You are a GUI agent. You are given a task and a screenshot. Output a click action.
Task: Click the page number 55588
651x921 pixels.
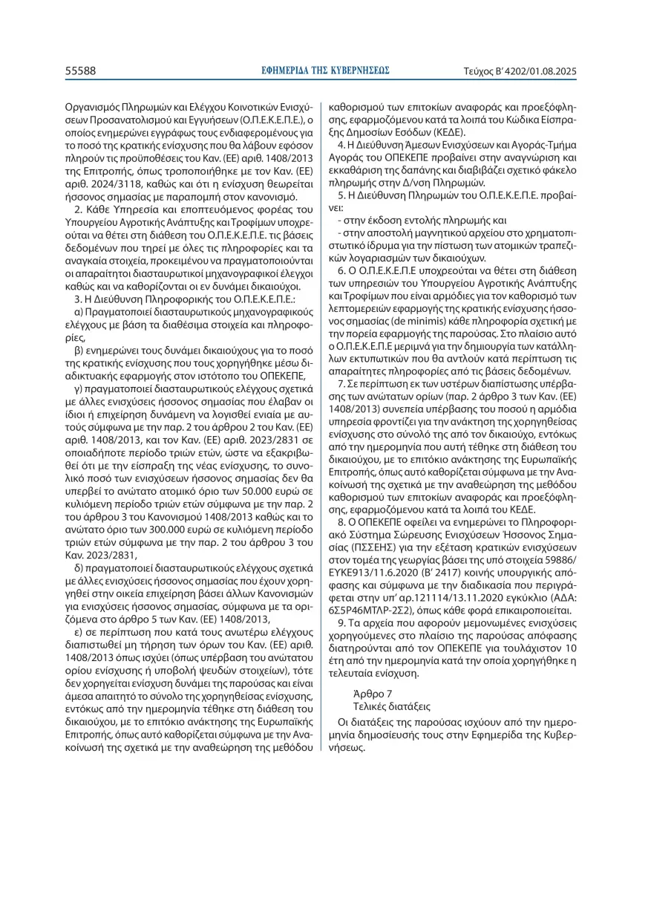point(81,71)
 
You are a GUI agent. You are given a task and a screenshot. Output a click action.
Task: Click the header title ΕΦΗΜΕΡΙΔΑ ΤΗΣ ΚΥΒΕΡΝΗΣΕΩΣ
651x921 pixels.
point(326,71)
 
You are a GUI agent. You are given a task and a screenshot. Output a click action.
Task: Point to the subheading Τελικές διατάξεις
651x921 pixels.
point(393,706)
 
